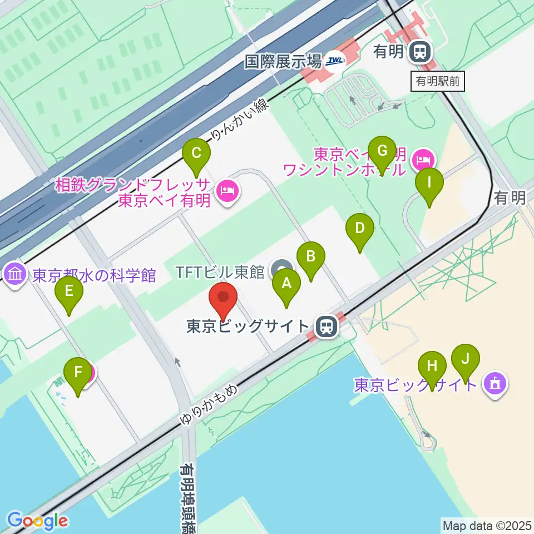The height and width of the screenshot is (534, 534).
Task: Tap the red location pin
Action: pyautogui.click(x=224, y=300)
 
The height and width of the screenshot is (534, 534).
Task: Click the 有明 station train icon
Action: pyautogui.click(x=420, y=52)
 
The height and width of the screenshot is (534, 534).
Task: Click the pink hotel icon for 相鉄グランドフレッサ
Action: pyautogui.click(x=229, y=192)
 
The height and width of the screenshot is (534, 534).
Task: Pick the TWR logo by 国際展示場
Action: pyautogui.click(x=335, y=61)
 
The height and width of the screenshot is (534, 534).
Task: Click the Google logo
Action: pyautogui.click(x=38, y=521)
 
